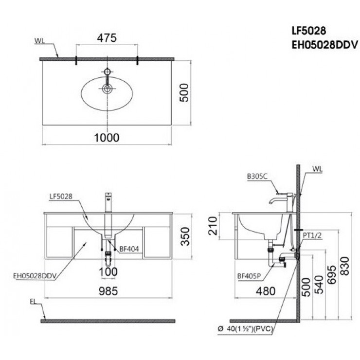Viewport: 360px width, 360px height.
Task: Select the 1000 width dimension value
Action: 107,137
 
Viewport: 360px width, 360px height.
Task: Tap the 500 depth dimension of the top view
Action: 184,91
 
